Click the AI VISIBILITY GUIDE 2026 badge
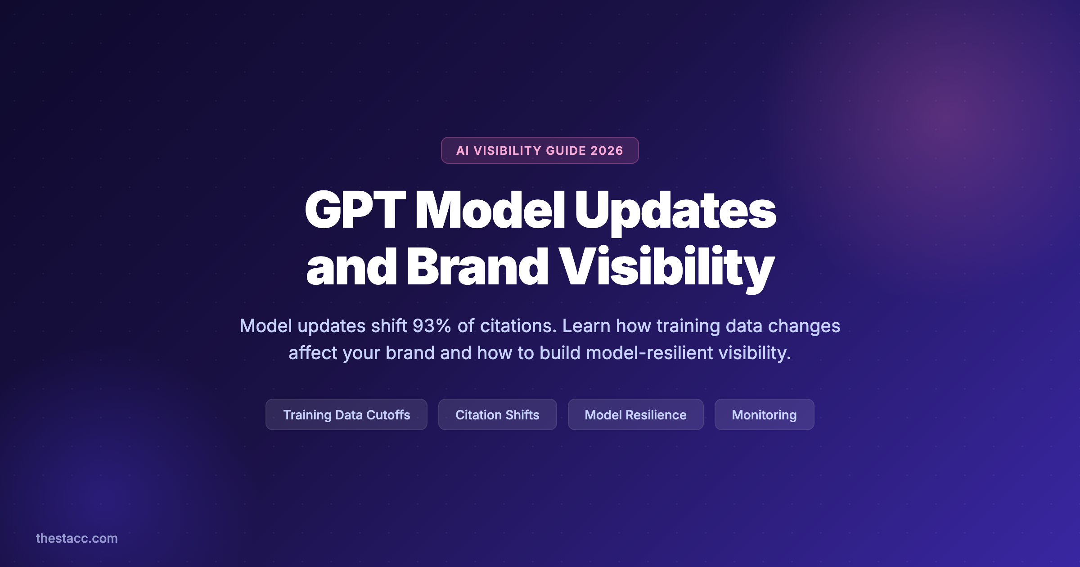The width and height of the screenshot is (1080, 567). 540,150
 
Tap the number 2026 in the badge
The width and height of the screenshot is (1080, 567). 607,151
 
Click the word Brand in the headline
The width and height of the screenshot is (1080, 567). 477,267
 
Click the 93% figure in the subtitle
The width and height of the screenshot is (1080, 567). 432,326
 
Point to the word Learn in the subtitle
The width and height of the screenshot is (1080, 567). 586,326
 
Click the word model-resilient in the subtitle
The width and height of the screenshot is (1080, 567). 649,353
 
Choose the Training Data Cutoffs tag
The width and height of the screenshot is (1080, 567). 346,414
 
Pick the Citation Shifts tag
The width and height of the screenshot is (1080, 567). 497,414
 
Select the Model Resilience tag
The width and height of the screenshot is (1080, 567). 635,414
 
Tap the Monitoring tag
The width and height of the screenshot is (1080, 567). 764,414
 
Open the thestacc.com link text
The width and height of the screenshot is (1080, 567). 76,538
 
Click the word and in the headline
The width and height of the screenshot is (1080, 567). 351,268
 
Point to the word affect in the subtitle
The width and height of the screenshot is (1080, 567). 313,353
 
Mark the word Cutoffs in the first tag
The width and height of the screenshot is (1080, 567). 388,414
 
